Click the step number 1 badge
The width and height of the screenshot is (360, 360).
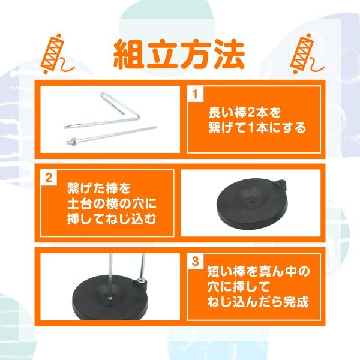point(196,95)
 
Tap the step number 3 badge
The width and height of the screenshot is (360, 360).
point(196,261)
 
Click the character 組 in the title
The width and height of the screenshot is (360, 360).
point(133,55)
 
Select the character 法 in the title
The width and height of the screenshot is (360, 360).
point(229,55)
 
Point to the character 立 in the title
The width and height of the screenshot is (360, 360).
point(166,55)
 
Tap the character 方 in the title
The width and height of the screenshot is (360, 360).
point(197,55)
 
